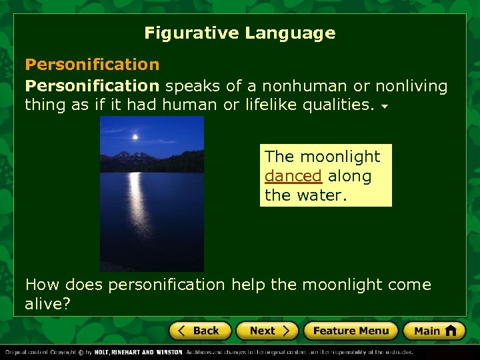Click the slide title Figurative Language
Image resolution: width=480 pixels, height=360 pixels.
(x=239, y=33)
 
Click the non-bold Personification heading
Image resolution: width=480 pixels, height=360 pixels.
(x=92, y=65)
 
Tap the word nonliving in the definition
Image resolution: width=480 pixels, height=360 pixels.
(x=411, y=86)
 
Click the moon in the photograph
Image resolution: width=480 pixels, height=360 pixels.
(x=135, y=137)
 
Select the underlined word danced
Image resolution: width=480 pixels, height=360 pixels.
(x=293, y=177)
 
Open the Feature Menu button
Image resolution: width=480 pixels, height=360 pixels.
(x=350, y=331)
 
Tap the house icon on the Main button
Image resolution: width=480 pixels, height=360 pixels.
(x=451, y=330)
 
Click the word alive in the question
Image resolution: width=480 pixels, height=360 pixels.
(x=45, y=303)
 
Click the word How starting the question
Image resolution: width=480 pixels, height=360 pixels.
(x=41, y=285)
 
